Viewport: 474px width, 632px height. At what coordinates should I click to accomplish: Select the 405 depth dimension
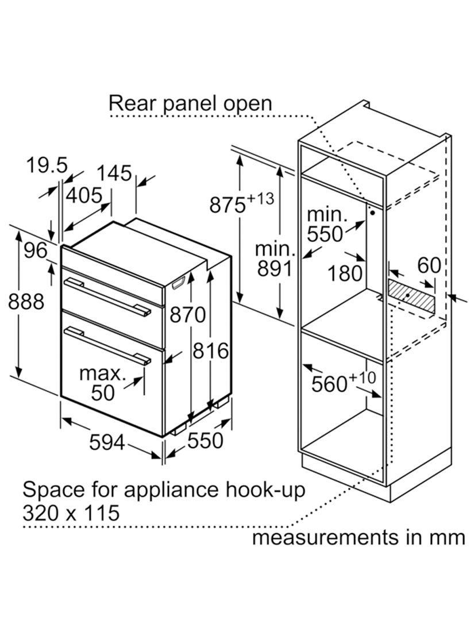[83, 195]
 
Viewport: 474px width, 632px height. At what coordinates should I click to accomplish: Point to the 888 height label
[26, 301]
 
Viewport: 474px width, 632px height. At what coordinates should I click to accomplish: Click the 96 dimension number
[34, 251]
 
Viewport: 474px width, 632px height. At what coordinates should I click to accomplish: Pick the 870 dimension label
[187, 314]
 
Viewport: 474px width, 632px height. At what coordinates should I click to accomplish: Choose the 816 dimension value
[211, 350]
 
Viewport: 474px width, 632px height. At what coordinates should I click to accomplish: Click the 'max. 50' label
[102, 383]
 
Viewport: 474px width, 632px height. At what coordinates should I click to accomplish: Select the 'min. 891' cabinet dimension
[275, 260]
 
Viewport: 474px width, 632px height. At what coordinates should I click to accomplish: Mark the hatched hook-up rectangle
[410, 295]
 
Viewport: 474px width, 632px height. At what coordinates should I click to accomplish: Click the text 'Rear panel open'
[190, 103]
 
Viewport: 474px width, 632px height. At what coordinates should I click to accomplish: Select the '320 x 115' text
[71, 512]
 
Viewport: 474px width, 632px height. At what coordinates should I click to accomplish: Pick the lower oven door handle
[107, 345]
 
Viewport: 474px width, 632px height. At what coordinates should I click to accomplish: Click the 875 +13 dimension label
[241, 203]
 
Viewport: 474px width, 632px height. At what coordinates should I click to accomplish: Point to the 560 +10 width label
[343, 383]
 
